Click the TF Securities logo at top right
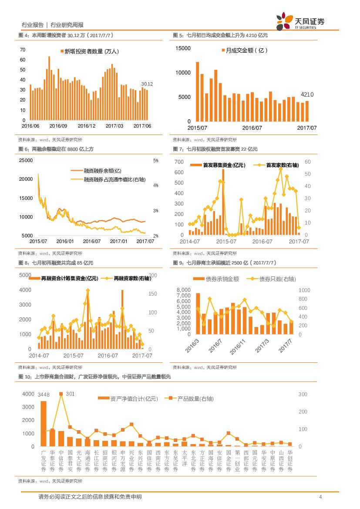pos(300,21)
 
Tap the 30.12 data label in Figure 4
pos(147,84)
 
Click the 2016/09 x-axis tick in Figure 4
pos(58,126)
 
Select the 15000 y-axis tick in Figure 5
pos(183,48)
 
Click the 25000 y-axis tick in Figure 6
pos(26,161)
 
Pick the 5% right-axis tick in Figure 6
pos(156,161)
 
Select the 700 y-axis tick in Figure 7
pos(179,162)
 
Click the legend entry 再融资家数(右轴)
pos(131,278)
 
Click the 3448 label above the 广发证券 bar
pos(44,395)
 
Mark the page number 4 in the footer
pos(320,497)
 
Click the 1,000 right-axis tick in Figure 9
pos(304,290)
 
